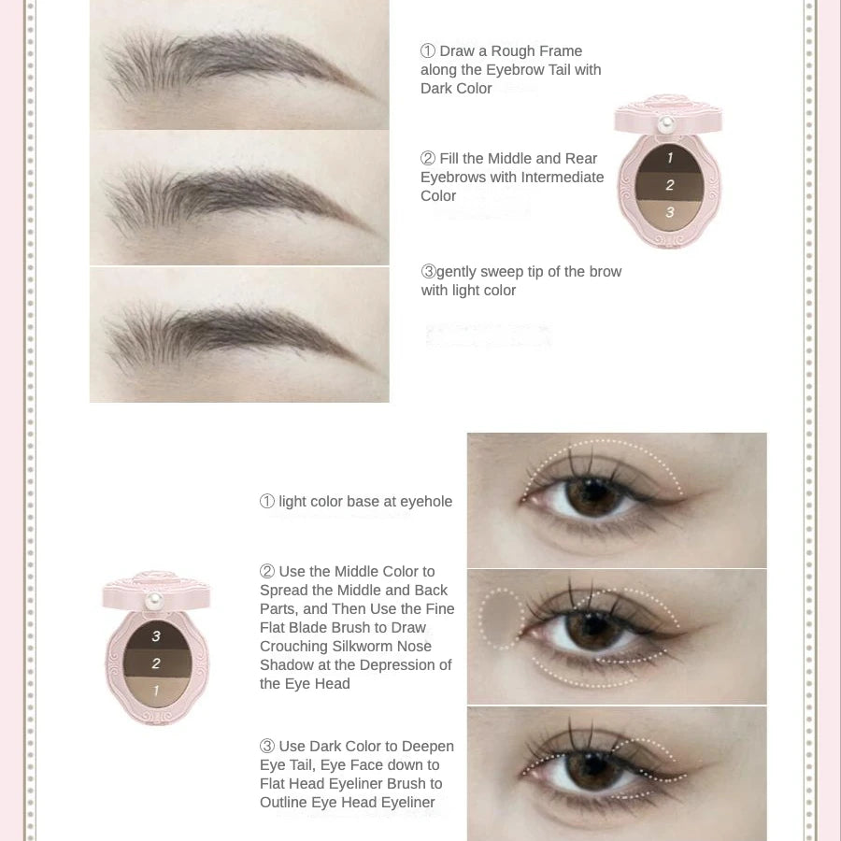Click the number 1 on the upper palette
(670, 158)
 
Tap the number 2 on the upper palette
(670, 185)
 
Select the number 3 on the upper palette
(670, 212)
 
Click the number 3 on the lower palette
(156, 636)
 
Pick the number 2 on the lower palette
(156, 663)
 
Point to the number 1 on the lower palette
(156, 691)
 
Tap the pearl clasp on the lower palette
(154, 600)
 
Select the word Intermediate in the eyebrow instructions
(563, 177)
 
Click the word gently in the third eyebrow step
(456, 273)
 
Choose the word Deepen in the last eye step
(428, 748)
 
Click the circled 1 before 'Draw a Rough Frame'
(427, 51)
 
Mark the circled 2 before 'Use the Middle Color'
(267, 572)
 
